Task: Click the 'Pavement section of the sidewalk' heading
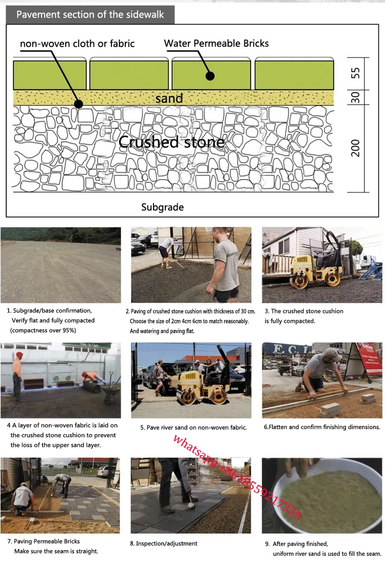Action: point(90,14)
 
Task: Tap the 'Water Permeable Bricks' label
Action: point(216,44)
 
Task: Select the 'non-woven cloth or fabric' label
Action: point(77,44)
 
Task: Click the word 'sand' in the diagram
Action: point(169,97)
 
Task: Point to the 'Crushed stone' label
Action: point(171,142)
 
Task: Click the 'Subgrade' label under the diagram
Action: point(162,207)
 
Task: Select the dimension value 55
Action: point(356,73)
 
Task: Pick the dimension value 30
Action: point(356,97)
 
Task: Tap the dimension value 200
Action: point(356,148)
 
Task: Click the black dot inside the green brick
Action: point(210,76)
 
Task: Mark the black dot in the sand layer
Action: point(78,104)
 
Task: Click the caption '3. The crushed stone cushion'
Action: point(304,311)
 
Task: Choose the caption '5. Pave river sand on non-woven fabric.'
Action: point(194,427)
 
